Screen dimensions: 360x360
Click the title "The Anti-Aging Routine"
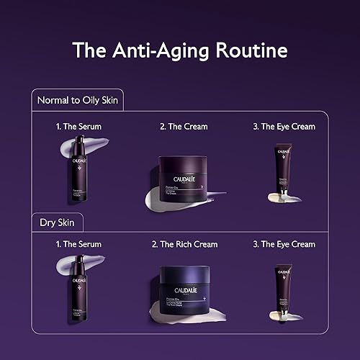(180, 50)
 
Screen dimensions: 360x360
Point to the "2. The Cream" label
(184, 127)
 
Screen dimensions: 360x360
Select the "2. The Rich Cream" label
(184, 245)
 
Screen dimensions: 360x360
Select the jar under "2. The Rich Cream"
(184, 287)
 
